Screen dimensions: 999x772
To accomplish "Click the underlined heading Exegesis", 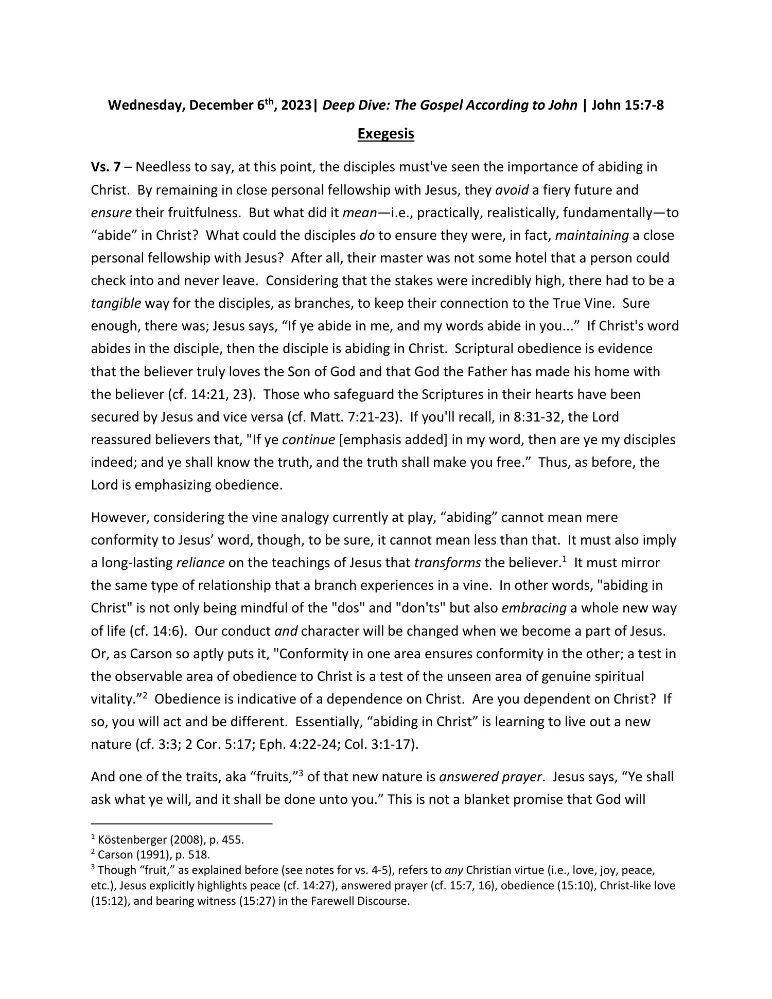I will (x=385, y=134).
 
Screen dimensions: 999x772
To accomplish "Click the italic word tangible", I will (x=116, y=303).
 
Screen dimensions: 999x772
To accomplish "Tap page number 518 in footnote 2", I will (x=201, y=855).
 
